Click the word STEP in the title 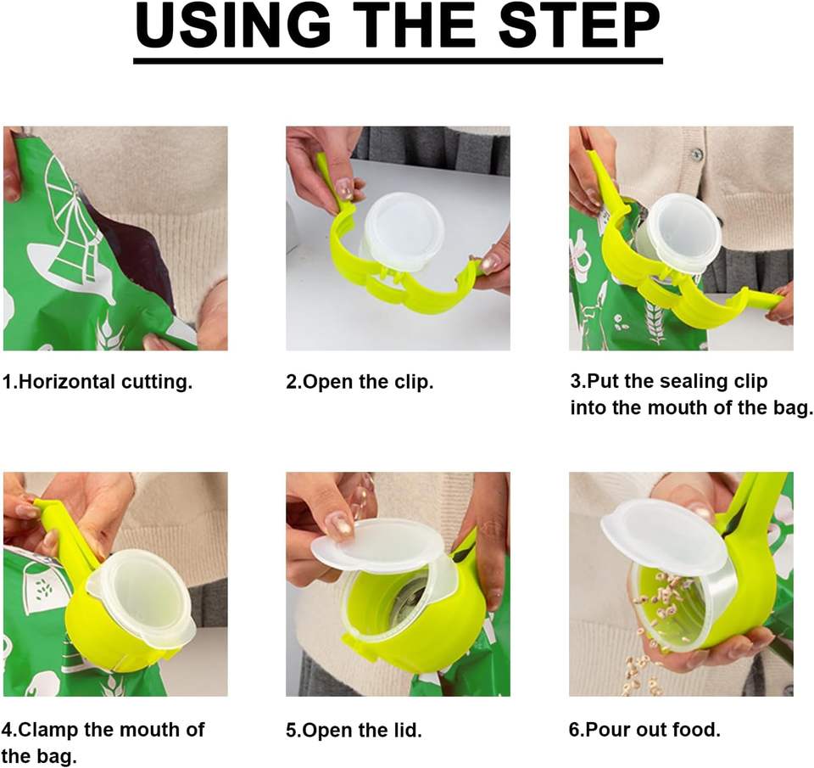580,25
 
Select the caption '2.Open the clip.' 360,383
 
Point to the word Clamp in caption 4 47,730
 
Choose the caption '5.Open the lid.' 354,730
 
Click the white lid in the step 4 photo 142,598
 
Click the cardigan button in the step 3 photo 697,154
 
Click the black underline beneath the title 399,61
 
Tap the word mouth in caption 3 677,407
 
